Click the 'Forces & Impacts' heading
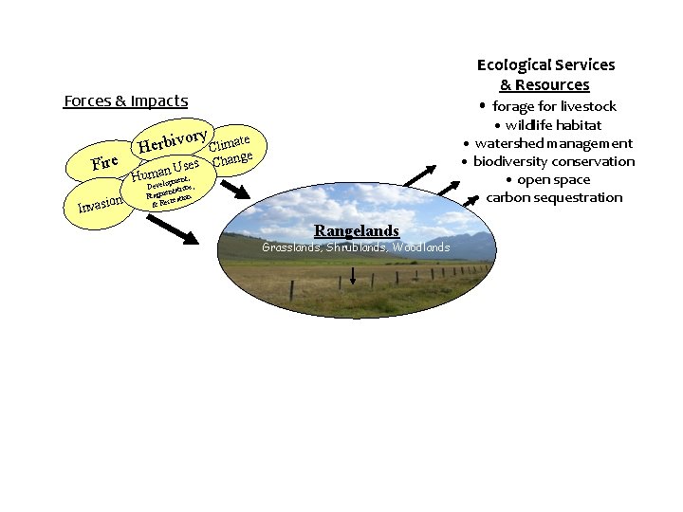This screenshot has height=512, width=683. pyautogui.click(x=125, y=101)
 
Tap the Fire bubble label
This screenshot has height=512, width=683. pyautogui.click(x=104, y=162)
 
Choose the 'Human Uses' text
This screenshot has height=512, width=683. pyautogui.click(x=165, y=171)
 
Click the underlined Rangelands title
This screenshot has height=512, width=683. pyautogui.click(x=357, y=231)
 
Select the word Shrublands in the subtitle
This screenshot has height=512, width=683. pyautogui.click(x=356, y=247)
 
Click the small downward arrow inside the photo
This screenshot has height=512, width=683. pyautogui.click(x=354, y=276)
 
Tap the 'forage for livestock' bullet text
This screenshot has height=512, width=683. pyautogui.click(x=554, y=106)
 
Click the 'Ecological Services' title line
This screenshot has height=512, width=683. pyautogui.click(x=545, y=64)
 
